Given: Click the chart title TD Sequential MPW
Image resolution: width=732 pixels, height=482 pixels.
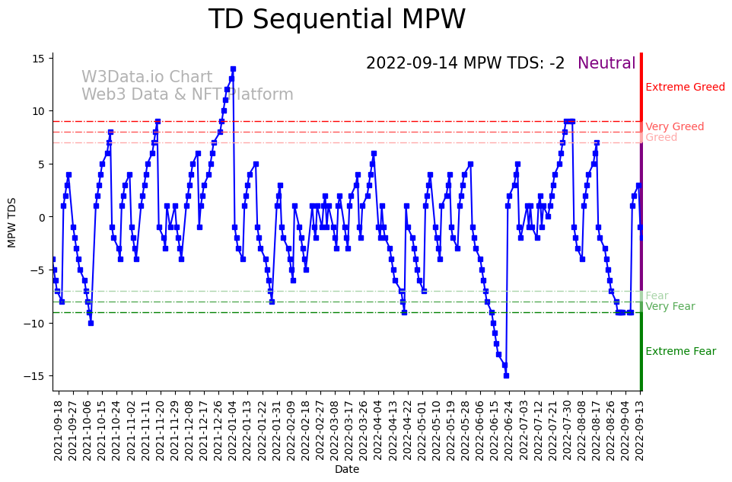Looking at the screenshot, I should pos(337,20).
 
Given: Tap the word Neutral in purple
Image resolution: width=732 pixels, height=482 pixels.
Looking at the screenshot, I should pos(606,64).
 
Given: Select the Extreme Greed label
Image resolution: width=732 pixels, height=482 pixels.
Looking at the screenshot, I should pos(685,88).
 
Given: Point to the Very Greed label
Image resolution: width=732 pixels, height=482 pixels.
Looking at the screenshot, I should pos(674,127).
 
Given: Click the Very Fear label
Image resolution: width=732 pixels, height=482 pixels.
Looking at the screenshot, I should pos(670,307).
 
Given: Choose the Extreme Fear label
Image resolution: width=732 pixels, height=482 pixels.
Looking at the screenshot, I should pos(680,352).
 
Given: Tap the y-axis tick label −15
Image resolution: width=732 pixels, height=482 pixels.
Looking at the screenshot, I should pos(35,376).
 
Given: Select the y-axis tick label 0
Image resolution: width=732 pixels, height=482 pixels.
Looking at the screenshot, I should pos(43,218).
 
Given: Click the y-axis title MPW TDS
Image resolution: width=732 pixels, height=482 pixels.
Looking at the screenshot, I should pos(12,222).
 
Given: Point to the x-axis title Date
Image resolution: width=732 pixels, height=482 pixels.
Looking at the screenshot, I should pos(346,470).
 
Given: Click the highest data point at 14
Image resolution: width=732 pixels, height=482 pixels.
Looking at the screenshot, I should pos(233,69).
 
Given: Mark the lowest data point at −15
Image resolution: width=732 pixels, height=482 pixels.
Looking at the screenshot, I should pos(506,375).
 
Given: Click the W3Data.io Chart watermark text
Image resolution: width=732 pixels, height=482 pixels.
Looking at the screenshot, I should pos(147,78).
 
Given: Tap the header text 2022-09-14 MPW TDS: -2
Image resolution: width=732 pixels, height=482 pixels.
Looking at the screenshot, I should pos(465,64).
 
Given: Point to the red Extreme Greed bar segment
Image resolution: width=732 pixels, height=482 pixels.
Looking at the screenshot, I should pos(641,88).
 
